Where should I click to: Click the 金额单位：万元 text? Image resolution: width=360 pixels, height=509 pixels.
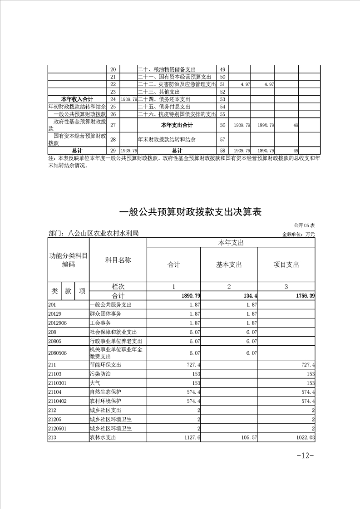click(x=298, y=234)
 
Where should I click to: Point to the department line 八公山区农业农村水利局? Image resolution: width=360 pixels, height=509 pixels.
click(x=93, y=233)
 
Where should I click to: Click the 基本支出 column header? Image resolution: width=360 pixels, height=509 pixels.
click(x=229, y=265)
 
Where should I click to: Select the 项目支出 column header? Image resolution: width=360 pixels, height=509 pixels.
click(x=286, y=265)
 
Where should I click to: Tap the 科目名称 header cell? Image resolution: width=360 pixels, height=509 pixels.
click(x=118, y=260)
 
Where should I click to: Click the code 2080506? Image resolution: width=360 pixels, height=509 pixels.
click(x=57, y=352)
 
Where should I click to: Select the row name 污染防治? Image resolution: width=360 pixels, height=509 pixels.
click(x=100, y=374)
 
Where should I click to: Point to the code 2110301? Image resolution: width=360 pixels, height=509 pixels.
click(x=57, y=383)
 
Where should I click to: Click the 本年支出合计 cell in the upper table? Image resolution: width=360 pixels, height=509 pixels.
click(x=177, y=125)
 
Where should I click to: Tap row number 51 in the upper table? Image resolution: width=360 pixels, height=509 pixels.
click(x=222, y=84)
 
